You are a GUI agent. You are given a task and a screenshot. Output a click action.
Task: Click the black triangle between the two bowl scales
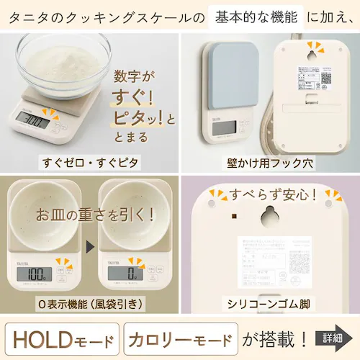[x=89, y=248]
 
